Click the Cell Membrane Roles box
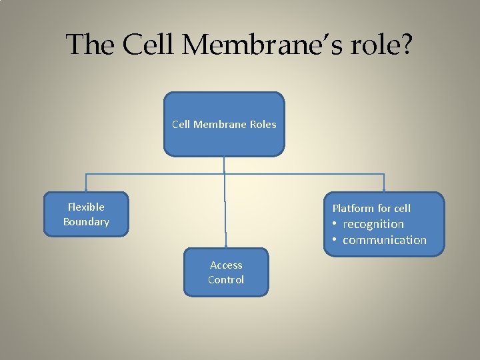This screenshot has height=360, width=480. (224, 124)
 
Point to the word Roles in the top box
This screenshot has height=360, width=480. (263, 124)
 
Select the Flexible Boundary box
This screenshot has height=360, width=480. (85, 214)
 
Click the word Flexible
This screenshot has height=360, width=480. (86, 207)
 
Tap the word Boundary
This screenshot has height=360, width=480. (86, 221)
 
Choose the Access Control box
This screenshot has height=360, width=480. (226, 272)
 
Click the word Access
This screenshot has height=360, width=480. (226, 265)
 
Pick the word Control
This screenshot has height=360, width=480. (226, 279)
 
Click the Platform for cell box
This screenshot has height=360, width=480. (384, 224)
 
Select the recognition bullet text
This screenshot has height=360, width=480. (373, 224)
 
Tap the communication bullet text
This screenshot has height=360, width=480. (384, 240)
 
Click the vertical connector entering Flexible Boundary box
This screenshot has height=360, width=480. (85, 183)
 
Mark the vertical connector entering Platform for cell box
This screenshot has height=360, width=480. (385, 183)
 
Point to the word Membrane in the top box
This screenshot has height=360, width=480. (219, 124)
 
